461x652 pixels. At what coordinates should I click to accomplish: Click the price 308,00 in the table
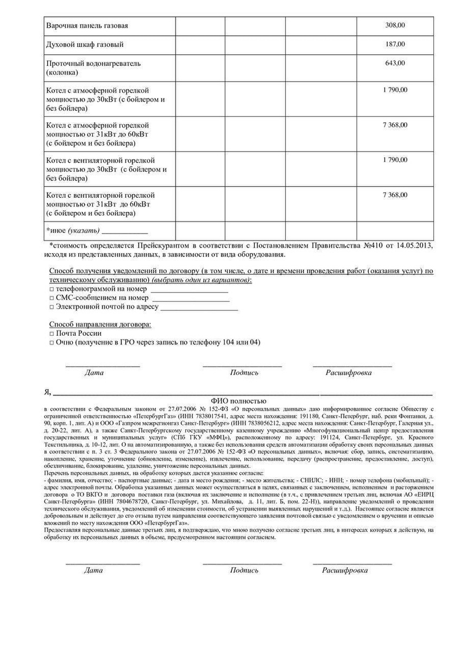click(x=395, y=26)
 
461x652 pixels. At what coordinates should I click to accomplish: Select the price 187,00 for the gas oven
click(x=395, y=44)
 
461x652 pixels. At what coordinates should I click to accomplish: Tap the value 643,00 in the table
click(x=395, y=63)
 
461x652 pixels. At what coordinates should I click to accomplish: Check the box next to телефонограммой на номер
click(x=52, y=289)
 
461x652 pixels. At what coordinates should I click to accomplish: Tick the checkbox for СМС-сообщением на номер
click(x=52, y=298)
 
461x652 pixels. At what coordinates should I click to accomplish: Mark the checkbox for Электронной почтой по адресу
click(x=52, y=306)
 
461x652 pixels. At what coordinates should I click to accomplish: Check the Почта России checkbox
click(x=52, y=333)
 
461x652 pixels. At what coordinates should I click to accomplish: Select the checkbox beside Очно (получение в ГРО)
click(x=52, y=342)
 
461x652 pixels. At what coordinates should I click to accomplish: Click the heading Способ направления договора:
click(x=100, y=324)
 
